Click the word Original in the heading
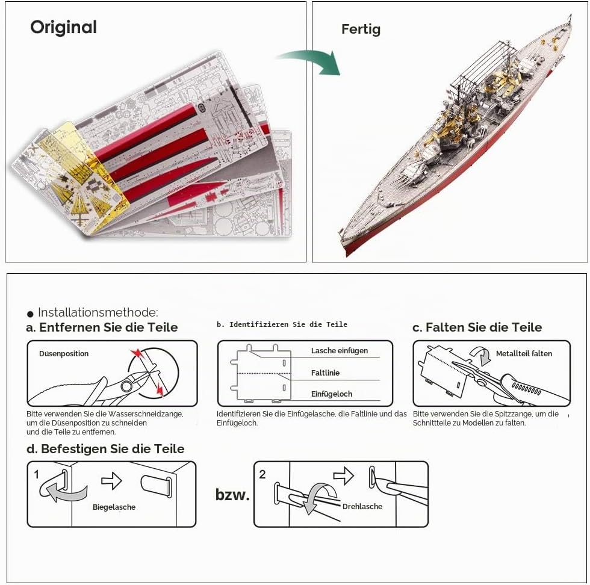coord(64,28)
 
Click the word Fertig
coord(361,29)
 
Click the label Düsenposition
coord(64,354)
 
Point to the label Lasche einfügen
coord(340,351)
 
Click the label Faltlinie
coord(325,373)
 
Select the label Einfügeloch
coord(332,394)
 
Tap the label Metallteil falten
coord(524,354)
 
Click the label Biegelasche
coord(114,507)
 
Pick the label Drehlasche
coord(362,506)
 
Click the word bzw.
coord(232,494)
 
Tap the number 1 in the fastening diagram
coord(37,475)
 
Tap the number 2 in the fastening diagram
coord(262,474)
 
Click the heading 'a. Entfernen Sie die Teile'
coord(102,327)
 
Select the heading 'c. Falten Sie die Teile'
coord(477,327)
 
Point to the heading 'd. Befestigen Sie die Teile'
coord(105,449)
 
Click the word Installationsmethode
coord(98,312)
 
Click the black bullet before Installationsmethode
coord(31,314)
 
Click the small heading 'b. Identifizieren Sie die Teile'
coord(282,324)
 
